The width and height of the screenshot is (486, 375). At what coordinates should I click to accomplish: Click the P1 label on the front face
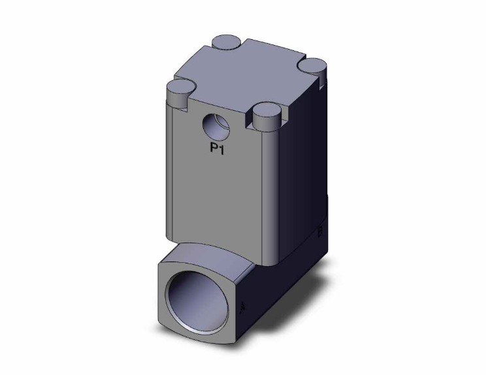(218, 148)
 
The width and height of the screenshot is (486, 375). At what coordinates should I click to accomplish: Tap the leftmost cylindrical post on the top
(180, 89)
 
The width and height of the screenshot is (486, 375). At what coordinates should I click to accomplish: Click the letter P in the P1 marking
(213, 148)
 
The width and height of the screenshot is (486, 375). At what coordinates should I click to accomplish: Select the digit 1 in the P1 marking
(222, 148)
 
